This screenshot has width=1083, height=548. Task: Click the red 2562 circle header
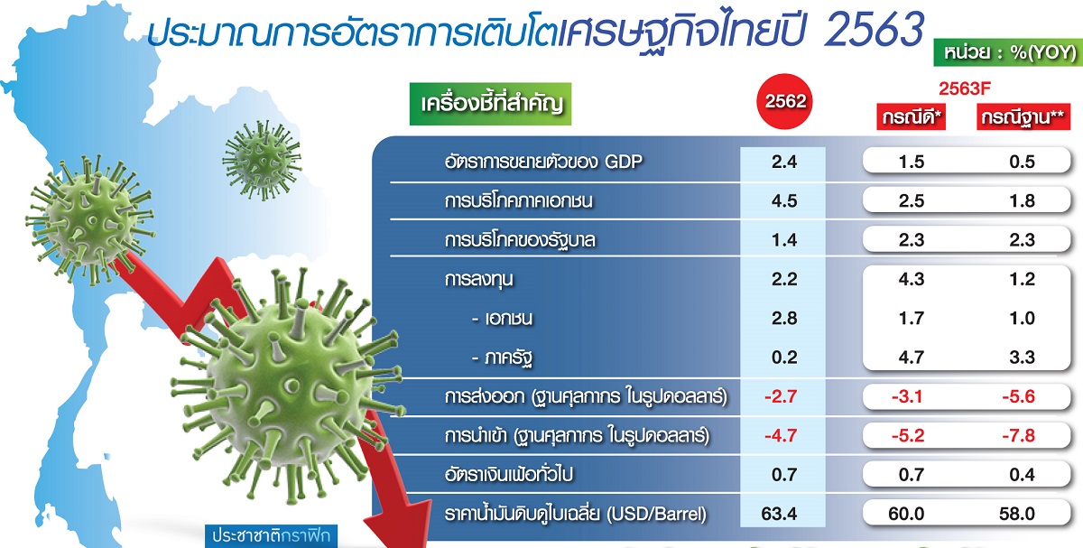click(784, 101)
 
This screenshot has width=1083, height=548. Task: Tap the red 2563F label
click(965, 88)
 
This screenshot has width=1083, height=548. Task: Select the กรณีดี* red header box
click(912, 117)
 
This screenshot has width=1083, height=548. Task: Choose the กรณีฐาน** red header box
click(1023, 117)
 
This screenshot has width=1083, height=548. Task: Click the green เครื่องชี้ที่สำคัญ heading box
click(490, 104)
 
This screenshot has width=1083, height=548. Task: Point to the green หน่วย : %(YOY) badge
click(1008, 52)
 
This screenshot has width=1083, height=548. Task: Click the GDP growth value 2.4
click(784, 162)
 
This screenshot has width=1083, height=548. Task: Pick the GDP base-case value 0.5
click(1022, 162)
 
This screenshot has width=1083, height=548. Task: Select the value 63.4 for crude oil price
click(779, 513)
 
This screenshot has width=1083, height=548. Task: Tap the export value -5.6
click(1018, 396)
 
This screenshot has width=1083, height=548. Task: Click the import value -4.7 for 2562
click(781, 436)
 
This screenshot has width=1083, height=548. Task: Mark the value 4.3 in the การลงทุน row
click(912, 279)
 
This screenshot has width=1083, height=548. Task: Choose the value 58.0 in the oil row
click(1017, 513)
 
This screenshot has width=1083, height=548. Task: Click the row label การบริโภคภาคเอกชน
click(518, 200)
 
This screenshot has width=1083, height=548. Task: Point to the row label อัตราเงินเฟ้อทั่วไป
click(509, 475)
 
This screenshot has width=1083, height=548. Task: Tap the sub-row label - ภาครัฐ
click(502, 358)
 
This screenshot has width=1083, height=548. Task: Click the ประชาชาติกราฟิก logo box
click(272, 536)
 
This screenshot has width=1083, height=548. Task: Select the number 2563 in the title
click(874, 29)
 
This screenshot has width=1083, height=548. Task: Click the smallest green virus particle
click(262, 161)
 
